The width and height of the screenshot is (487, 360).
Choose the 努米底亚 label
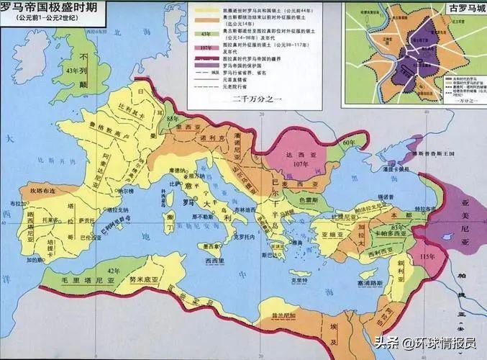[x=151, y=276]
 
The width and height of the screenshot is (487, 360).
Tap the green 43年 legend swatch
[x=204, y=34]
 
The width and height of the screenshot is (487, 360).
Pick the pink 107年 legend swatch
[x=204, y=49]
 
